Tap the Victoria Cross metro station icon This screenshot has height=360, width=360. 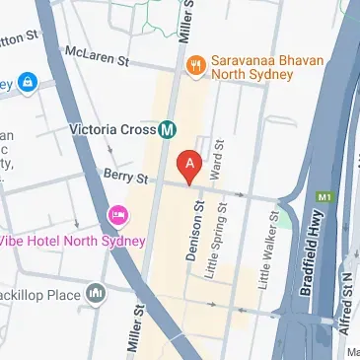[x=169, y=128]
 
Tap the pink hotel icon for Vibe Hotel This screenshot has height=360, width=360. [x=116, y=215]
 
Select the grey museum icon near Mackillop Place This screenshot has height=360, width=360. [x=96, y=293]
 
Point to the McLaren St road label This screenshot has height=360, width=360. [x=97, y=56]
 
